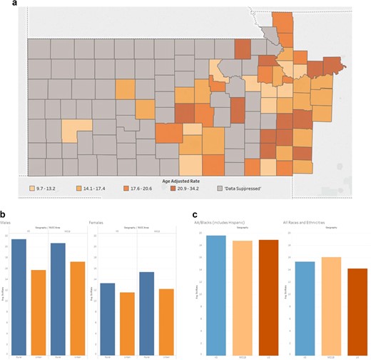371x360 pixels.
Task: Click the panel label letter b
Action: click(x=6, y=213)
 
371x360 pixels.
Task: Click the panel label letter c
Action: click(x=195, y=213)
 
